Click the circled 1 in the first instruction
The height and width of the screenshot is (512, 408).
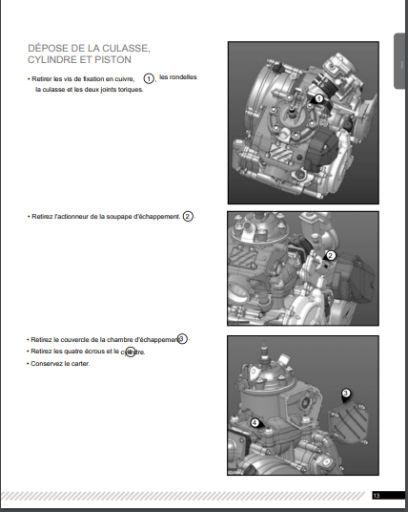pyautogui.click(x=149, y=78)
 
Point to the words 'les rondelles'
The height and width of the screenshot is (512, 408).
pyautogui.click(x=178, y=77)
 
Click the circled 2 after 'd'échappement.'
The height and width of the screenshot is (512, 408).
pyautogui.click(x=188, y=216)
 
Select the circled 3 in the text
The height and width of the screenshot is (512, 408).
pyautogui.click(x=182, y=339)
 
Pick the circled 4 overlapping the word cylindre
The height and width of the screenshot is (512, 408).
pyautogui.click(x=131, y=352)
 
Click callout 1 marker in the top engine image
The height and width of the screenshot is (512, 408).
pyautogui.click(x=318, y=99)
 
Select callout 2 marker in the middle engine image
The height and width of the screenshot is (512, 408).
pyautogui.click(x=330, y=256)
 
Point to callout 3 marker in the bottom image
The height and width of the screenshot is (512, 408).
pyautogui.click(x=345, y=395)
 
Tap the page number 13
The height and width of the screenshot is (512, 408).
pyautogui.click(x=377, y=496)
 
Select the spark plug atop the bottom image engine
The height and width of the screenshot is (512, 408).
pyautogui.click(x=264, y=352)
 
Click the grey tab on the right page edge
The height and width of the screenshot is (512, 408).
pyautogui.click(x=399, y=61)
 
